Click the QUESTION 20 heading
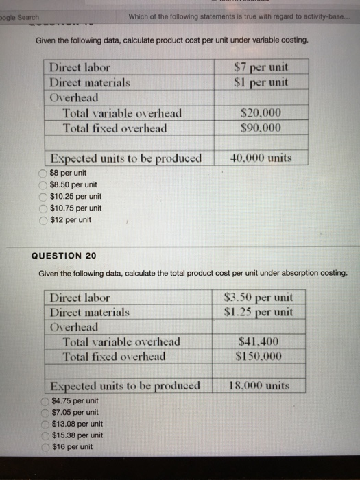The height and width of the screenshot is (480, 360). [x=64, y=256]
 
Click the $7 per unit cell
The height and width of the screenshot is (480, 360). [x=261, y=67]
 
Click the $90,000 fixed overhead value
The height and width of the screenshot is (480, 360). [x=261, y=128]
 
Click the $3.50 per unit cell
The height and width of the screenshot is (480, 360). [x=259, y=298]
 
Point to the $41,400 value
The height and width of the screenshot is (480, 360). [x=259, y=341]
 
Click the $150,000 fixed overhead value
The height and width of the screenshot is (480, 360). [x=259, y=357]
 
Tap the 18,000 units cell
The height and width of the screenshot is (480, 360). [x=259, y=386]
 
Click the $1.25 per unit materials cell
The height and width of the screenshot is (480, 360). [x=259, y=312]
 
